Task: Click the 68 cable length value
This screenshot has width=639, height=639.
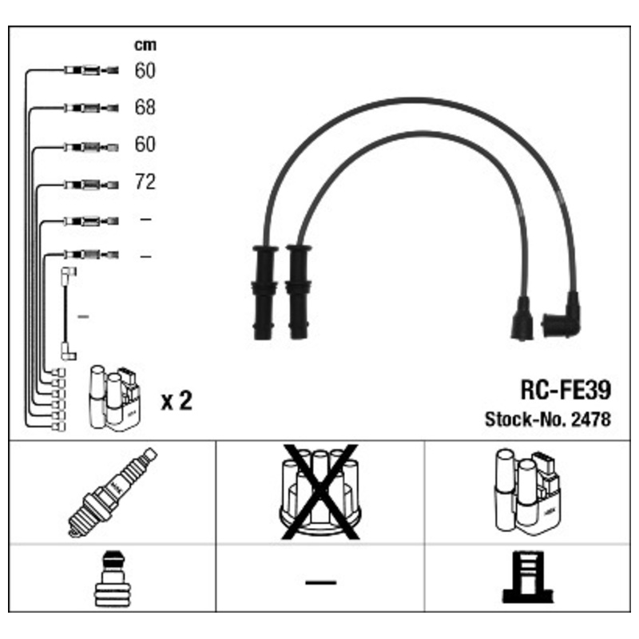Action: tap(145, 107)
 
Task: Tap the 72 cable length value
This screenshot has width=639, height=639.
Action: tap(145, 182)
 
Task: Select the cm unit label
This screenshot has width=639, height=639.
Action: tap(145, 45)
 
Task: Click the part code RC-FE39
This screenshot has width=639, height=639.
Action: tap(566, 390)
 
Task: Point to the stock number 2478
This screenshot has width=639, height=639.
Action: tap(591, 419)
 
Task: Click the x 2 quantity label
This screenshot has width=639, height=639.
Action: tap(177, 401)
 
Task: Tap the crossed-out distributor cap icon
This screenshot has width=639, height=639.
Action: tap(320, 492)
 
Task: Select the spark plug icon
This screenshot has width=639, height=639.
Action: tap(112, 492)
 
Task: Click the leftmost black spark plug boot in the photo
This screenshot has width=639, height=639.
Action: tap(265, 292)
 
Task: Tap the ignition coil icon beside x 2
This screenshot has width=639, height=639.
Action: tap(115, 398)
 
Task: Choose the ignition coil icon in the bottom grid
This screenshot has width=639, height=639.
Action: tap(527, 492)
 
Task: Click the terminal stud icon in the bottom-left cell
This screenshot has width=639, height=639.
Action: tap(113, 578)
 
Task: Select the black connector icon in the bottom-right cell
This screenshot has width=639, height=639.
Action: tap(528, 577)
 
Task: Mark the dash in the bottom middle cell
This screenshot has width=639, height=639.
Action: tap(321, 583)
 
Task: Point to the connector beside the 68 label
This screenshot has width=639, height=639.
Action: tap(91, 108)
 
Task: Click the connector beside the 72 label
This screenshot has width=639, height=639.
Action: tap(91, 185)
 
